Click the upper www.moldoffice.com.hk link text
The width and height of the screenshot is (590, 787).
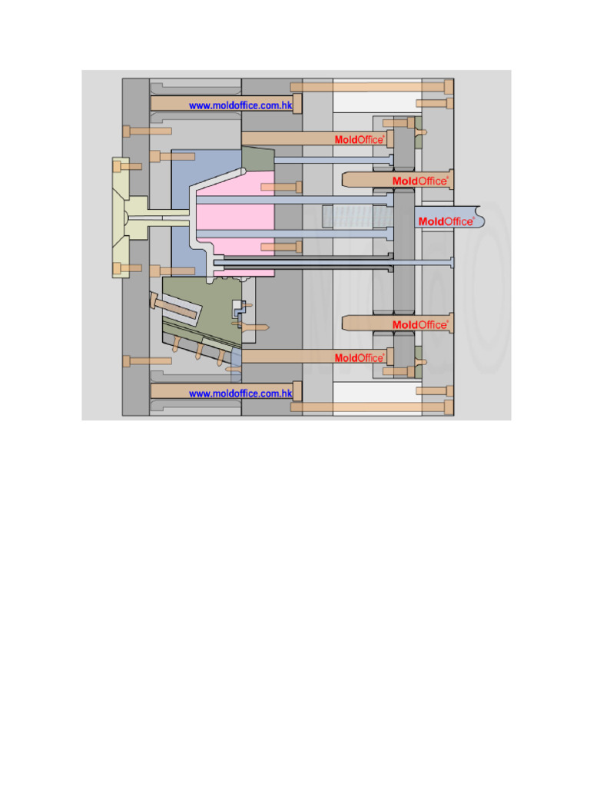(x=240, y=105)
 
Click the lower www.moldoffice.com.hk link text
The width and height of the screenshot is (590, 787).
(x=240, y=393)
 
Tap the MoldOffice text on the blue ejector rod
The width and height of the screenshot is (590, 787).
(x=446, y=221)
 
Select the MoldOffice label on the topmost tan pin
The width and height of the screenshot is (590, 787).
(x=359, y=140)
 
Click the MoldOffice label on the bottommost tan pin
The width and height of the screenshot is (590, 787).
(x=359, y=358)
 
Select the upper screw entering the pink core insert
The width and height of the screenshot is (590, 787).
(x=281, y=187)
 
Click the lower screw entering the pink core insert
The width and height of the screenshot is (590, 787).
(x=281, y=247)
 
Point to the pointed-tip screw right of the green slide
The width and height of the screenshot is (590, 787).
(x=254, y=326)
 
